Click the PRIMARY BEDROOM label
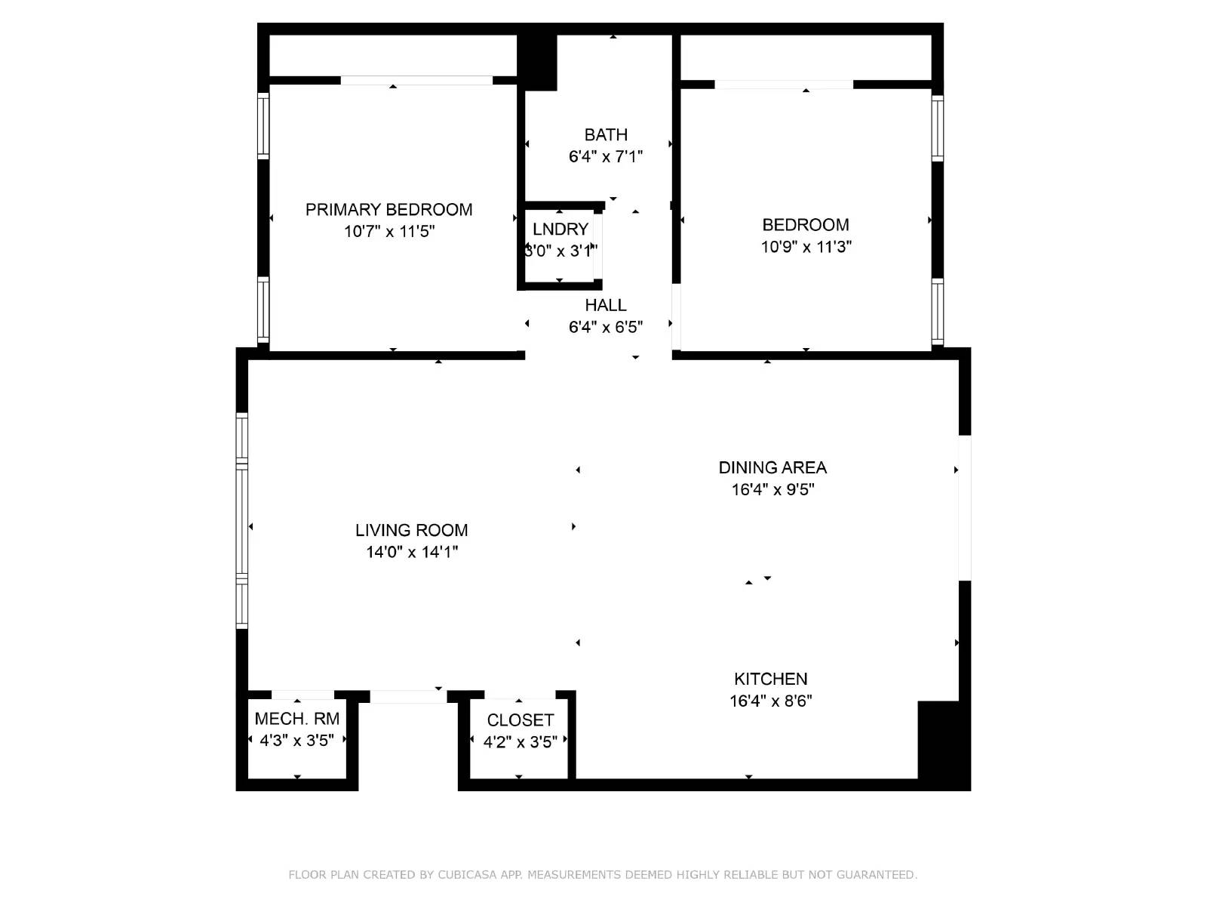pyautogui.click(x=389, y=210)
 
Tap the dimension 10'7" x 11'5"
pyautogui.click(x=389, y=232)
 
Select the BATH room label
pyautogui.click(x=606, y=135)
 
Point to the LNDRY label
pyautogui.click(x=560, y=230)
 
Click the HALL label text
pyautogui.click(x=606, y=305)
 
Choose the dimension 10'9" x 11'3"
pyautogui.click(x=806, y=247)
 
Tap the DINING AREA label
pyautogui.click(x=772, y=467)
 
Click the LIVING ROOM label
pyautogui.click(x=411, y=530)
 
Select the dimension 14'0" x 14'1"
pyautogui.click(x=412, y=552)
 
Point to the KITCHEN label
pyautogui.click(x=770, y=679)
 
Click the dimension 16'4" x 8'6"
pyautogui.click(x=770, y=701)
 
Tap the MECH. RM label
pyautogui.click(x=297, y=719)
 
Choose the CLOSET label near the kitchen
pyautogui.click(x=520, y=720)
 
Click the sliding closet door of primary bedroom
pyautogui.click(x=416, y=80)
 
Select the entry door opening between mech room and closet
pyautogui.click(x=408, y=696)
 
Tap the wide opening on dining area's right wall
pyautogui.click(x=964, y=507)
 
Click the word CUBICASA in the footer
pyautogui.click(x=469, y=875)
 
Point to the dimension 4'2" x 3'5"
pyautogui.click(x=520, y=742)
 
